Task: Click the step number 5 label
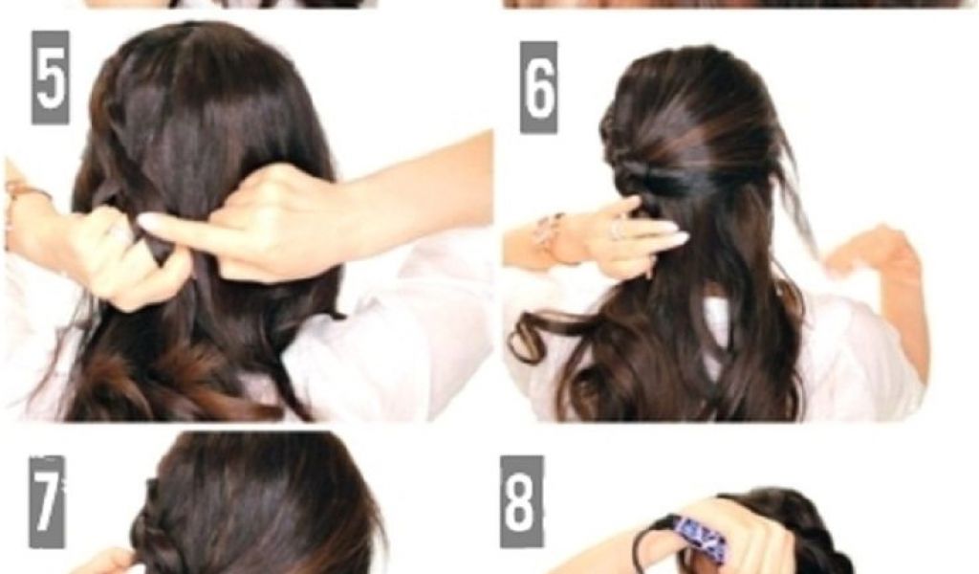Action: pos(50,77)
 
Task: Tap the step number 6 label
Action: pos(538,87)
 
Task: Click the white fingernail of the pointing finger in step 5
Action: pos(152,220)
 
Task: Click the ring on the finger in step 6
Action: pos(617,230)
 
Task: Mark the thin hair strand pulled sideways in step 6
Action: pos(798,200)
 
